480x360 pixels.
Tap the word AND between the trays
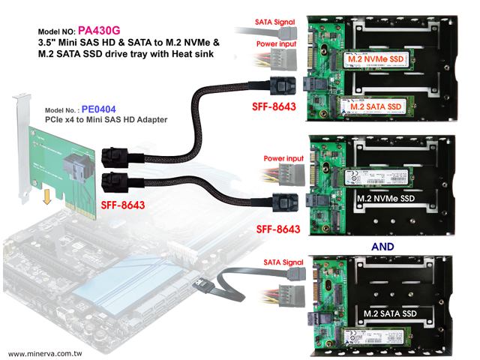[x=382, y=245]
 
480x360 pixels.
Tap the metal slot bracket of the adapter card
[x=23, y=142]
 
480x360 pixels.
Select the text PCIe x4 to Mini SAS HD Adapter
[x=104, y=120]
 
